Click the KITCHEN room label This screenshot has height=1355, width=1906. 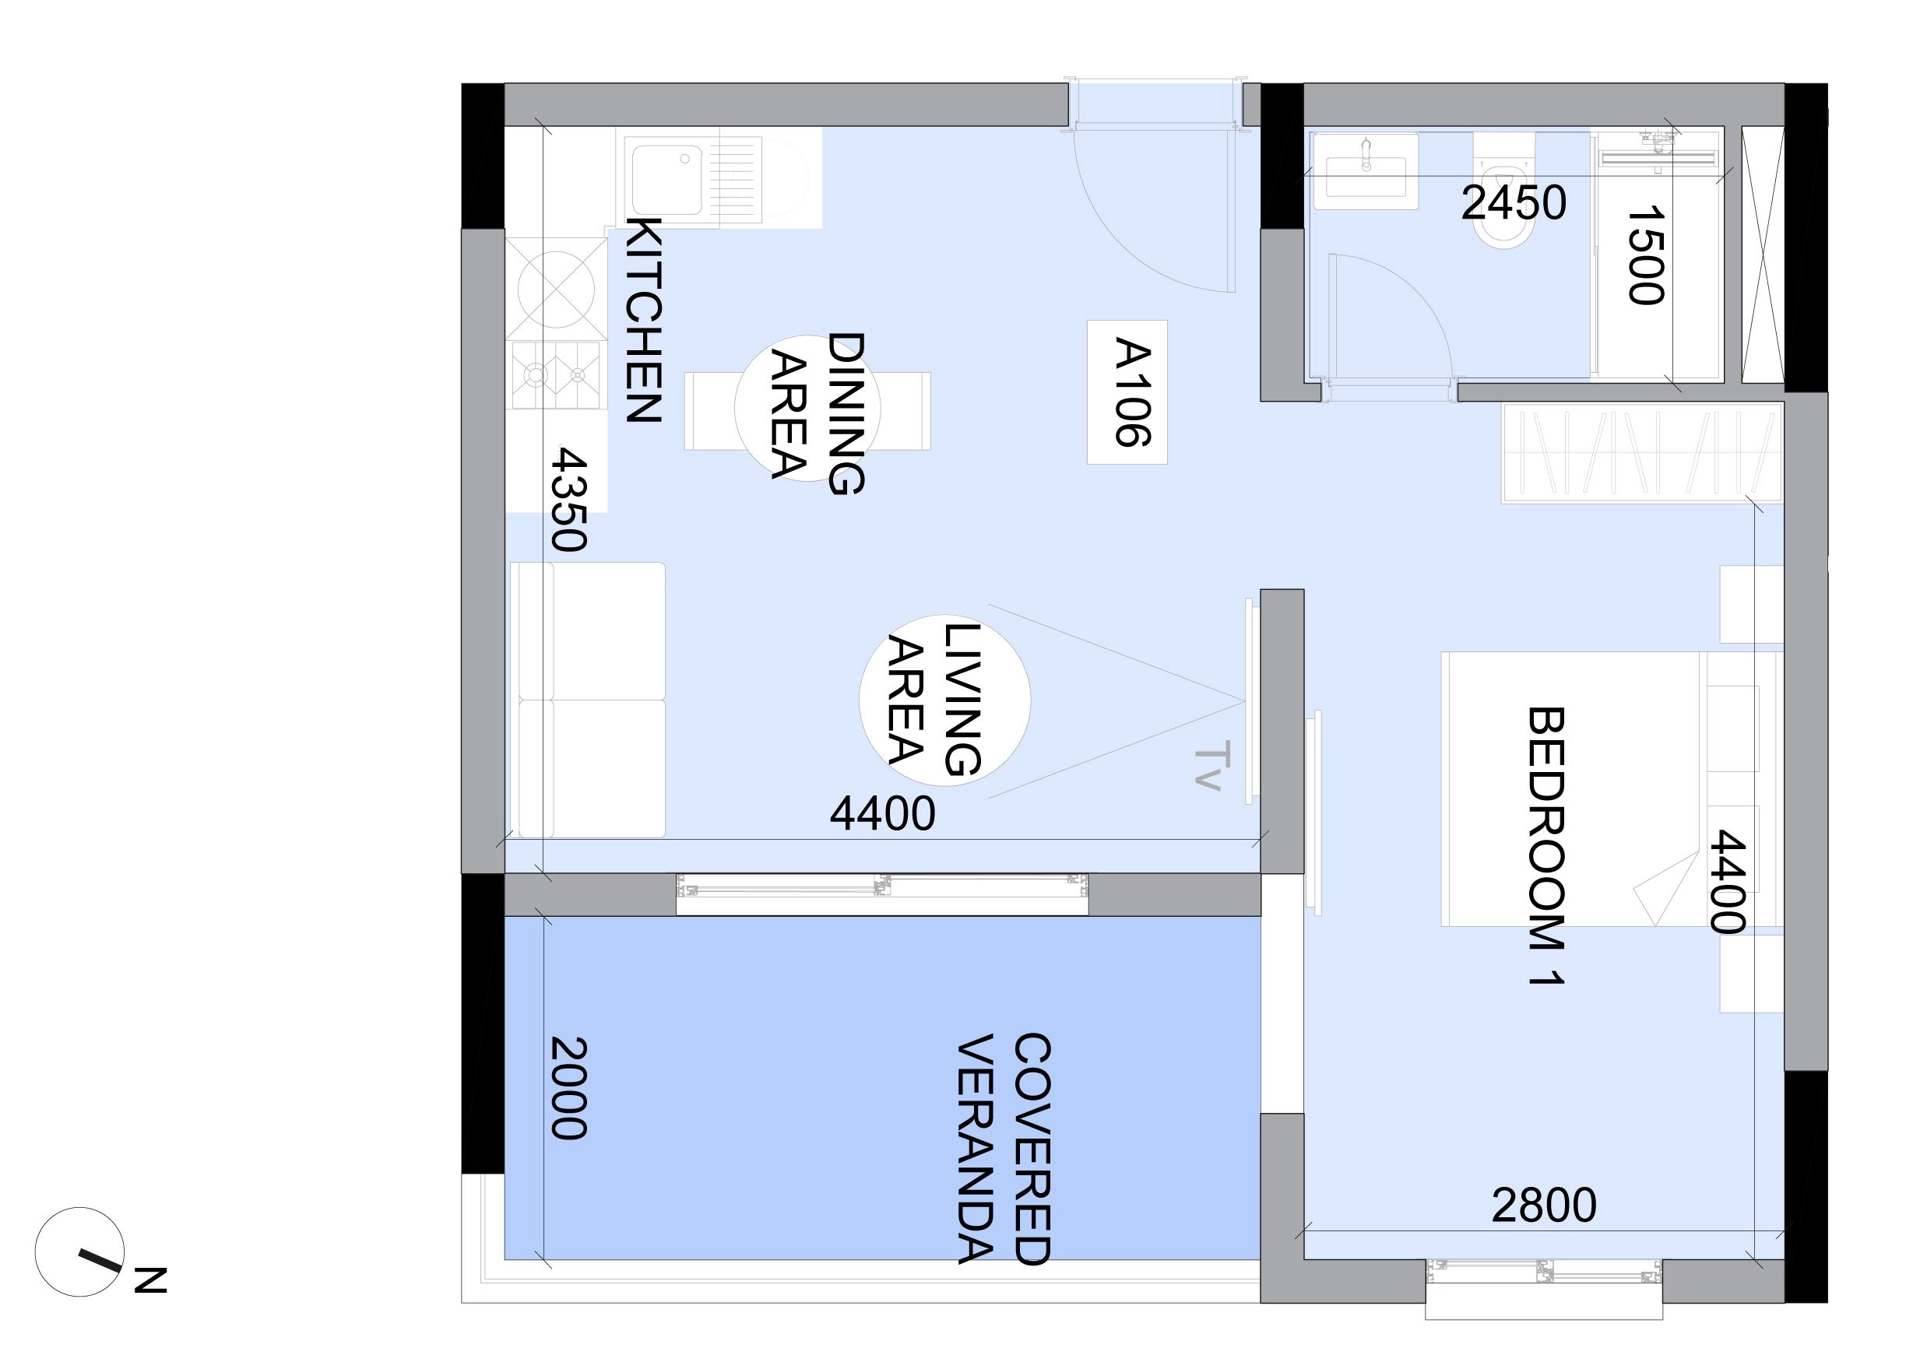click(644, 321)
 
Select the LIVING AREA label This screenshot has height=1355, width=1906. click(933, 699)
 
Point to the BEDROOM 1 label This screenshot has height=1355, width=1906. click(1545, 846)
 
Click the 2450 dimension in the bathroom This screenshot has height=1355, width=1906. click(1513, 203)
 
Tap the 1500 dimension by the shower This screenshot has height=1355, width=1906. click(1646, 256)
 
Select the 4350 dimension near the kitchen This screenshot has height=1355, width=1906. click(569, 499)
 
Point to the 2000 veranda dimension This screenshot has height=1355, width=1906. click(569, 1088)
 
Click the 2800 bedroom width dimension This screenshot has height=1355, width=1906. click(1544, 1205)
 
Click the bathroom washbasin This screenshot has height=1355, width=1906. click(1365, 170)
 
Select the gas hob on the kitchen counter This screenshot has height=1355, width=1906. click(556, 375)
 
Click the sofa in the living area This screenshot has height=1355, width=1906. click(588, 699)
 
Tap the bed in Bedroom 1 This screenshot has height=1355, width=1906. click(1611, 788)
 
